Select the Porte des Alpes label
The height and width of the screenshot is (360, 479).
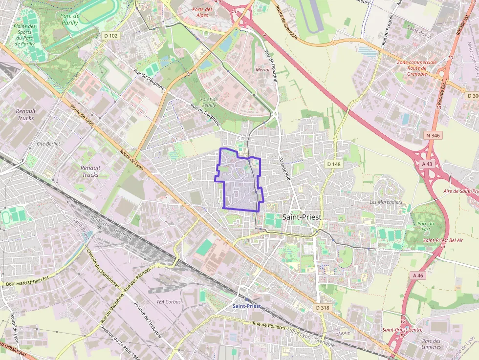tap(202, 12)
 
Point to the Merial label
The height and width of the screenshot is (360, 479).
tap(262, 70)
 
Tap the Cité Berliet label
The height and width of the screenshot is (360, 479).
tap(48, 144)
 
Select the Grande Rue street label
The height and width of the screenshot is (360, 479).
tap(284, 169)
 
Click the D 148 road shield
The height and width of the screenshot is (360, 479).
tap(334, 164)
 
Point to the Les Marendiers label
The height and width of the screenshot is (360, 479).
tap(386, 202)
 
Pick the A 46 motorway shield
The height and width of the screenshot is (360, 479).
tap(417, 275)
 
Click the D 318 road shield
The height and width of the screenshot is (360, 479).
tap(323, 307)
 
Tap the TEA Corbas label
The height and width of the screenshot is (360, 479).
tap(168, 302)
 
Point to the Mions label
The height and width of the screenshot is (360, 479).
tap(344, 333)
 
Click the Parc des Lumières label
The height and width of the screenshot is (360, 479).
tap(432, 344)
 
